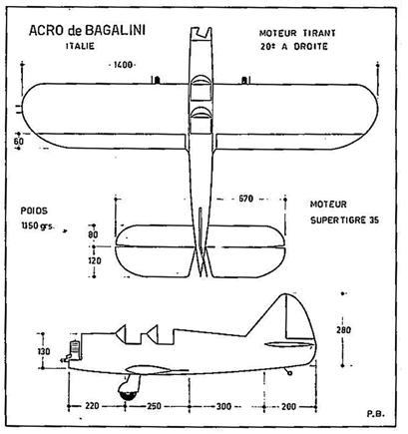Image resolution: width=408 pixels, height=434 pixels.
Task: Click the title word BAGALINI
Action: [x=115, y=31]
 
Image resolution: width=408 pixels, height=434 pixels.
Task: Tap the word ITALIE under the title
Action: [x=80, y=46]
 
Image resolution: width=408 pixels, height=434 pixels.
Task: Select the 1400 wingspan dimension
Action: [x=123, y=65]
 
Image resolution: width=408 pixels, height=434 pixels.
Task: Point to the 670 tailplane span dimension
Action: [x=245, y=199]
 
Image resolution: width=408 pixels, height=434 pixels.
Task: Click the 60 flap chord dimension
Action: [x=19, y=142]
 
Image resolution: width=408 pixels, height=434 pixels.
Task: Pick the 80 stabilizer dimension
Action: [x=94, y=234]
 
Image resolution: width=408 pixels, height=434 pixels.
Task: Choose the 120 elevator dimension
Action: [x=95, y=261]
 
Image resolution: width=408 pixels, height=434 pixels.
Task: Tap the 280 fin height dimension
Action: [x=343, y=330]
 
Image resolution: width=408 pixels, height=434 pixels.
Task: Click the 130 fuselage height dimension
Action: [x=43, y=351]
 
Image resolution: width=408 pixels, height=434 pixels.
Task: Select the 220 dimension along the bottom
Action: [x=92, y=406]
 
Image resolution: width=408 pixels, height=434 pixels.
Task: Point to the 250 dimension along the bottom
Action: [x=154, y=406]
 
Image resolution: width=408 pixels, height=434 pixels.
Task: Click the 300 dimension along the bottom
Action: [x=223, y=406]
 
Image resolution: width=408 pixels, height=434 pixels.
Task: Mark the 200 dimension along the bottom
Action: [x=288, y=406]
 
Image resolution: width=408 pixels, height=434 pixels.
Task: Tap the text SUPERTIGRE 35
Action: [x=344, y=220]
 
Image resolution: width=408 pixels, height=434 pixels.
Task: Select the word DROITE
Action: [x=310, y=47]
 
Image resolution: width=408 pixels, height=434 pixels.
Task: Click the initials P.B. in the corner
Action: [x=375, y=414]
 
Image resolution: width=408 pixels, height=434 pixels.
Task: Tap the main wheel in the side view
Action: [x=129, y=391]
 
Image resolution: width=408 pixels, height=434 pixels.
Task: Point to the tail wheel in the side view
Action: [x=289, y=373]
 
